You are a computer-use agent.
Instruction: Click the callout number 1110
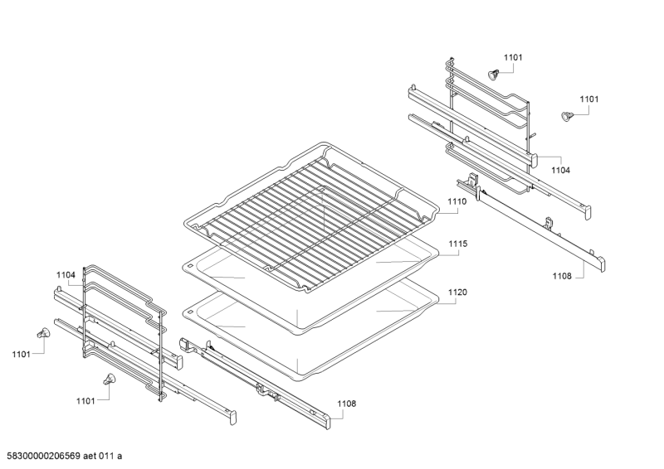pos(457,201)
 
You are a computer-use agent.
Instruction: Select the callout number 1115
pos(458,244)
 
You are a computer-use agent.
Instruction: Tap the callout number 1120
pos(458,293)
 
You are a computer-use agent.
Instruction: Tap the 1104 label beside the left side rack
pos(66,274)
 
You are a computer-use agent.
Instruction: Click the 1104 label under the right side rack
pos(561,170)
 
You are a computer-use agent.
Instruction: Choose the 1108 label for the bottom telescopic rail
pos(346,404)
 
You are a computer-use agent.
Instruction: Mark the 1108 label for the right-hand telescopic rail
pos(562,276)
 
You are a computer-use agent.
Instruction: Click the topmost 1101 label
pos(514,57)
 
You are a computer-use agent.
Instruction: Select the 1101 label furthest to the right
pos(588,99)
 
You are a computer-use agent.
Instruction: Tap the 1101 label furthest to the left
pos(22,355)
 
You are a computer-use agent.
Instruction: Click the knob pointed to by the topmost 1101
pos(494,75)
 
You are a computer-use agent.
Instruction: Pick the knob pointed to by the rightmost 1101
pos(568,117)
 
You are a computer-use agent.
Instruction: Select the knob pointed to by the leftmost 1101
pos(41,333)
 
